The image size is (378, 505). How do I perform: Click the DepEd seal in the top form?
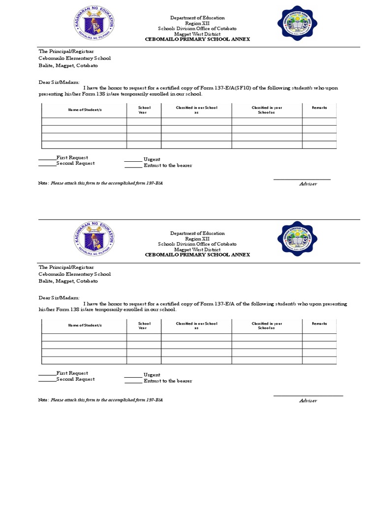point(94,26)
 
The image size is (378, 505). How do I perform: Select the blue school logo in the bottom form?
point(297,239)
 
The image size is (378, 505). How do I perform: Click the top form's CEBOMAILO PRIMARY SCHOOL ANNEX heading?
point(197,39)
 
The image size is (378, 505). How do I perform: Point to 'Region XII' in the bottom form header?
point(197,239)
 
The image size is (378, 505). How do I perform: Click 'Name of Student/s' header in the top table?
point(84,108)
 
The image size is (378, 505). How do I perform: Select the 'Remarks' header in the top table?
point(319,108)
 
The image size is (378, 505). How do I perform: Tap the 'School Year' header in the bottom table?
point(144,325)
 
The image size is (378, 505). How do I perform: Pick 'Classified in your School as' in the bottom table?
point(267,325)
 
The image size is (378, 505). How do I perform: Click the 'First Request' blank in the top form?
point(48,158)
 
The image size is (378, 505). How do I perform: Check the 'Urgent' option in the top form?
point(133,160)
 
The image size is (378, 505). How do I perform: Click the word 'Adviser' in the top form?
point(308,184)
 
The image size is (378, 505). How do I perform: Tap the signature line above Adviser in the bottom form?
point(308,396)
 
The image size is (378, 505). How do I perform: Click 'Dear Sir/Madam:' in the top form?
point(59,83)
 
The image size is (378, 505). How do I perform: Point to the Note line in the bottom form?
point(100,399)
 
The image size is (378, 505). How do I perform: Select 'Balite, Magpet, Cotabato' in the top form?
point(68,65)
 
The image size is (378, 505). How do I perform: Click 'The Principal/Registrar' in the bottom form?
point(66,267)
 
